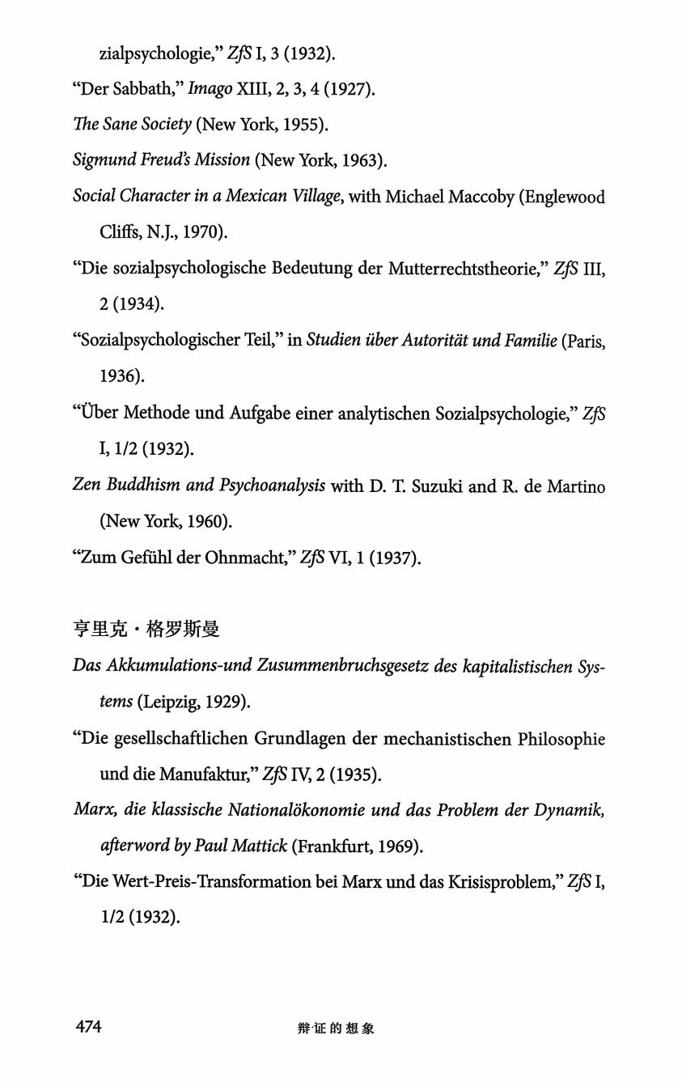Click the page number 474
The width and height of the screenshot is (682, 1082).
88,1027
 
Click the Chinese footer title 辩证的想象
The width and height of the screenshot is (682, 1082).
336,1029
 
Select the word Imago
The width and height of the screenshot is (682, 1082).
210,89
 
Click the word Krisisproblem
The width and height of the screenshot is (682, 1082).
494,882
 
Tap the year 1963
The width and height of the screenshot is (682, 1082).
362,160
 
